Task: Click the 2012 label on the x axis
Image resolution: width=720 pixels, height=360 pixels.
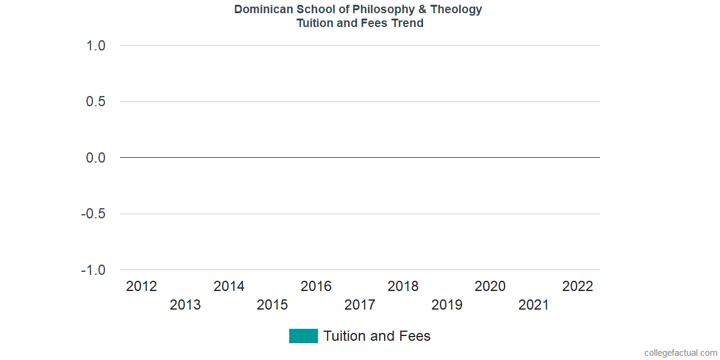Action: click(142, 286)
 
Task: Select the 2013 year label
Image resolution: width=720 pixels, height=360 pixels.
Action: click(185, 305)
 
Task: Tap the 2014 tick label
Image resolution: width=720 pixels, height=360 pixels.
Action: click(229, 286)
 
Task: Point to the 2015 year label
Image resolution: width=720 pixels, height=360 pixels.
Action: click(272, 305)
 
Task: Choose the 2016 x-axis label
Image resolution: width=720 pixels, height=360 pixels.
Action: click(316, 286)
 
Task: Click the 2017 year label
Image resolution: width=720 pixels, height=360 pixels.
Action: click(360, 305)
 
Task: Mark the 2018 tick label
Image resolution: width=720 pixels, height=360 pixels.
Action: click(403, 286)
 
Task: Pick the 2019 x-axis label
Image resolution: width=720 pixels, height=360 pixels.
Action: click(447, 305)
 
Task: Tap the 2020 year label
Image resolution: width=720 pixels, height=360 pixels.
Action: click(490, 286)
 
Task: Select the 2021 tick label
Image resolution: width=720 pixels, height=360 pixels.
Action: click(534, 305)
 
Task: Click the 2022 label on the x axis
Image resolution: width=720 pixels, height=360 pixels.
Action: click(577, 286)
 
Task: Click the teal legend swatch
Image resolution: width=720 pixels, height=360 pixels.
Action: click(303, 336)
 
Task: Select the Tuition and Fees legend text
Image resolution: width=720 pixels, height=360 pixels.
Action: click(377, 336)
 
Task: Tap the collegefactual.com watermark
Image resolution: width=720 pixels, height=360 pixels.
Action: click(680, 353)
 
